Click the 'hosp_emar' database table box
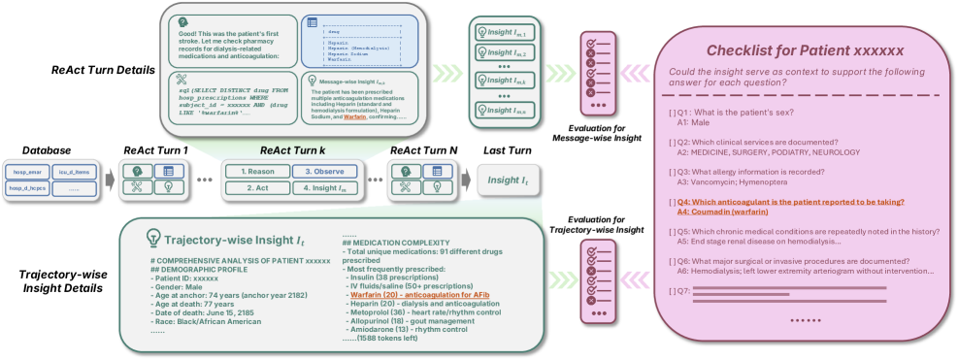[x=26, y=172]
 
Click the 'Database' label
[x=47, y=150]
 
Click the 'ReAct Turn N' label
[x=423, y=150]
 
